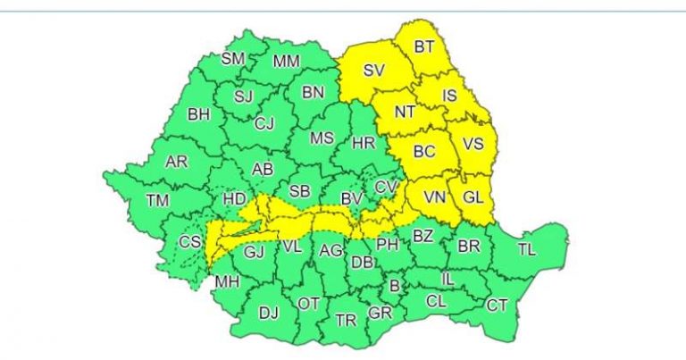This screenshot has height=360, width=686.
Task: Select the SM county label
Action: (x=232, y=59)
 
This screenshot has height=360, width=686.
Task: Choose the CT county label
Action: (x=497, y=306)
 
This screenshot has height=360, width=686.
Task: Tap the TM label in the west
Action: (x=157, y=199)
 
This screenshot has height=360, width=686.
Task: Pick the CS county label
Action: (x=190, y=242)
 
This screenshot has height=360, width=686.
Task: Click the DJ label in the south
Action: (x=268, y=313)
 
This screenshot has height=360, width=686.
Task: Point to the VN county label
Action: (x=434, y=197)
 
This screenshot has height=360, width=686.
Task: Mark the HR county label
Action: (x=364, y=143)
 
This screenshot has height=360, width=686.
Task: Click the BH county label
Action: (x=198, y=114)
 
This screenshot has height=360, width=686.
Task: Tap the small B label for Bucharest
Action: (x=394, y=286)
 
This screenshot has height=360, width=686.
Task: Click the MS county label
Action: (x=322, y=138)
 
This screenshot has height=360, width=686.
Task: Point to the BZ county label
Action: (x=422, y=237)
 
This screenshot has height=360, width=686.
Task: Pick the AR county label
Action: (x=177, y=163)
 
